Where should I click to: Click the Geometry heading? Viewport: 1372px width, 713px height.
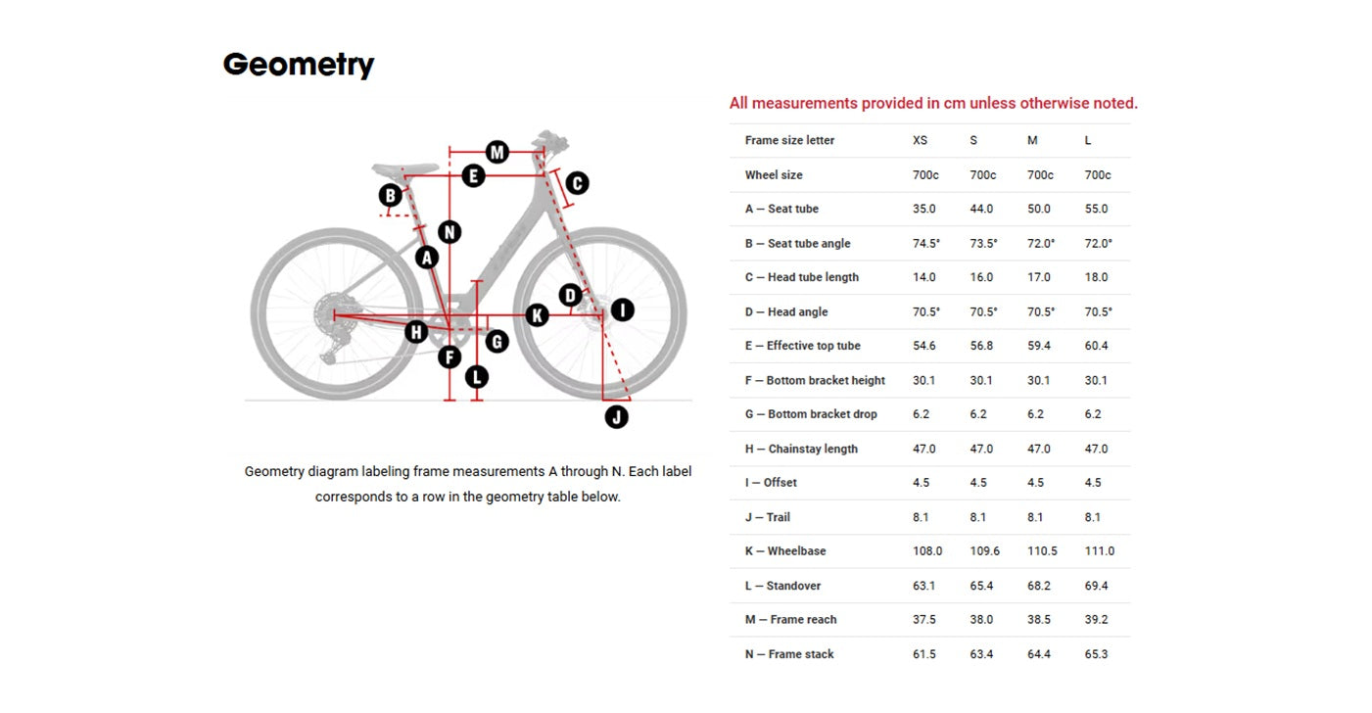click(x=299, y=65)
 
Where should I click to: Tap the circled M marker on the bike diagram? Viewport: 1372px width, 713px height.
click(x=497, y=152)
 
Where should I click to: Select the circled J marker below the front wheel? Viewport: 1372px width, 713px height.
click(x=616, y=417)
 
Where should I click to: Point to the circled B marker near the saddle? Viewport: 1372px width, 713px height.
click(x=390, y=196)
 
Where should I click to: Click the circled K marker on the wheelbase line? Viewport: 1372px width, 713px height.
click(x=538, y=315)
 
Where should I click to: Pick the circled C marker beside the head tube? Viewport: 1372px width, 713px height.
click(x=577, y=183)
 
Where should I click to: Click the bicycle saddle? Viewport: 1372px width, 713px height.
click(x=404, y=168)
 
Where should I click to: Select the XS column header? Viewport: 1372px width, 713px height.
click(x=920, y=140)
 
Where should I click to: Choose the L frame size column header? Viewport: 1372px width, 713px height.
click(x=1088, y=140)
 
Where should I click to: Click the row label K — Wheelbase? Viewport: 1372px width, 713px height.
click(x=785, y=550)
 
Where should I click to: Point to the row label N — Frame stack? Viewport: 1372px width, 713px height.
click(x=789, y=654)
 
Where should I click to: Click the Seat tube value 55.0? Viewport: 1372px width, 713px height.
click(x=1096, y=209)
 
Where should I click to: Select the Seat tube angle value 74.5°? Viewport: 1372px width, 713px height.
click(x=926, y=243)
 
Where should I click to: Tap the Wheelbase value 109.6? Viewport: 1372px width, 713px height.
click(x=984, y=550)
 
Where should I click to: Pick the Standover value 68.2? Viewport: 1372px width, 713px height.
click(x=1039, y=586)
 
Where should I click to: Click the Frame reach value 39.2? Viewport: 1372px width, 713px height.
click(x=1096, y=619)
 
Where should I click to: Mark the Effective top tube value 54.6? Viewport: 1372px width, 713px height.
click(x=923, y=346)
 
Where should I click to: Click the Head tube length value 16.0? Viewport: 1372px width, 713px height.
click(x=981, y=277)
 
